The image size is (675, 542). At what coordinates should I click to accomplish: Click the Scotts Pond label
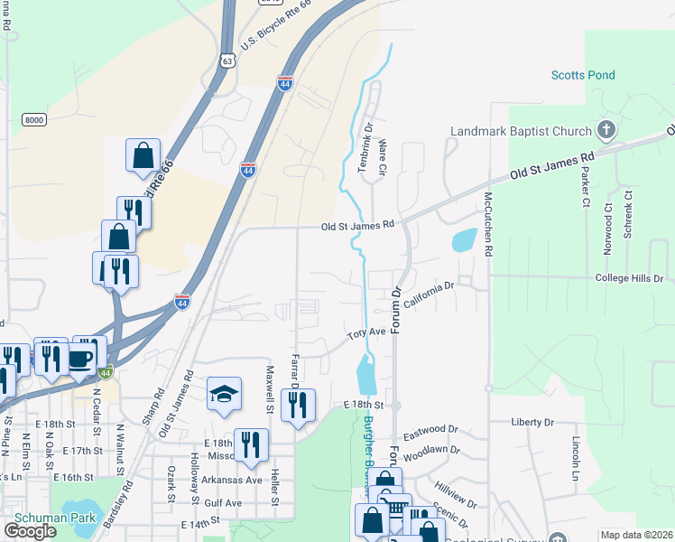tap(583, 76)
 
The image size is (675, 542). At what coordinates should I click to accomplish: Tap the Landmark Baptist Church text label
tap(522, 132)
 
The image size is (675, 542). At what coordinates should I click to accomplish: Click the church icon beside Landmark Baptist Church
tap(606, 131)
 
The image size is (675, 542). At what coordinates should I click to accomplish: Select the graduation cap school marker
tap(224, 394)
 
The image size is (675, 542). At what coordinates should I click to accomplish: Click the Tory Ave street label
tap(367, 333)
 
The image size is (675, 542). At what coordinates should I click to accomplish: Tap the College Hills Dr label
tap(629, 279)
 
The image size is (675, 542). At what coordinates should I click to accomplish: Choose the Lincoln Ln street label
tap(576, 458)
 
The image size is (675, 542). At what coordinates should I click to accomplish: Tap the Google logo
tap(30, 530)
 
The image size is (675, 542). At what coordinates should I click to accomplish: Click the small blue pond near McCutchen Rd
tap(462, 239)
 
